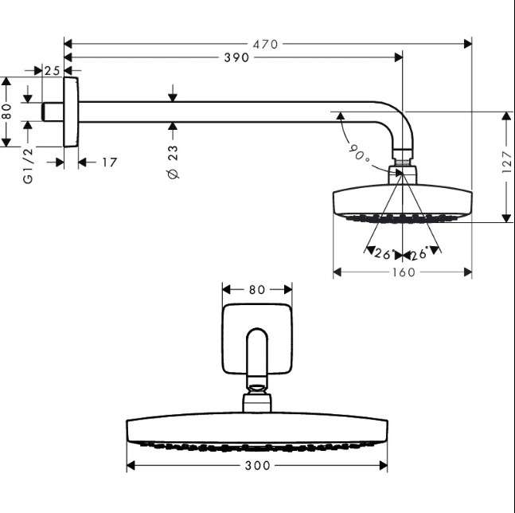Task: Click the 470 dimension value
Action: pyautogui.click(x=265, y=45)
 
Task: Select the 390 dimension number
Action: pyautogui.click(x=236, y=58)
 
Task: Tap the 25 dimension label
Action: pyautogui.click(x=53, y=71)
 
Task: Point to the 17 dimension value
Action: pyautogui.click(x=109, y=163)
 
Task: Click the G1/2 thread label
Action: pyautogui.click(x=28, y=166)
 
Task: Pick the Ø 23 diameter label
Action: pyautogui.click(x=173, y=163)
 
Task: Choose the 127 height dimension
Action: pyautogui.click(x=506, y=162)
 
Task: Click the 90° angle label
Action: pyautogui.click(x=359, y=153)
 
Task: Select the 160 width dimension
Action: pyautogui.click(x=404, y=272)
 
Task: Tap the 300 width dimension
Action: pyautogui.click(x=258, y=465)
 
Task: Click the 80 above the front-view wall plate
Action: pyautogui.click(x=257, y=289)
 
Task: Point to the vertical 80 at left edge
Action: pyautogui.click(x=6, y=111)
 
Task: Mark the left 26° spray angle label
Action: pyautogui.click(x=383, y=253)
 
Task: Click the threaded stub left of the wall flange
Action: pyautogui.click(x=53, y=112)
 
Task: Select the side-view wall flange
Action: pyautogui.click(x=71, y=112)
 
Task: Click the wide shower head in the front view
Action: pyautogui.click(x=257, y=431)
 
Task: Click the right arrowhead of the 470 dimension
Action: pyautogui.click(x=468, y=44)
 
